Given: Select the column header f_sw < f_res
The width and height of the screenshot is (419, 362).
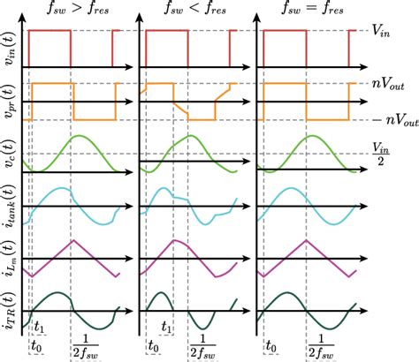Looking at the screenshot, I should pos(194,13).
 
